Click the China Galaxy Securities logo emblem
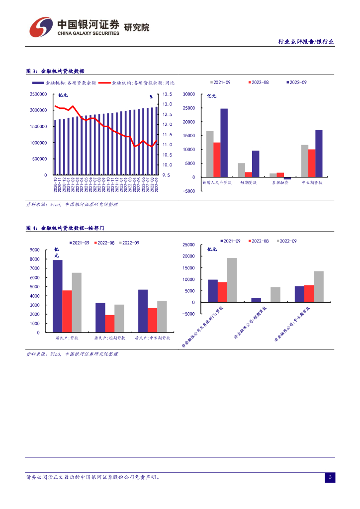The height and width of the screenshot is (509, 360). click(x=41, y=27)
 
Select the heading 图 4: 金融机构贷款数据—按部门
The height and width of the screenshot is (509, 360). click(x=65, y=228)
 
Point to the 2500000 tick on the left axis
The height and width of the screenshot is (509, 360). click(x=38, y=94)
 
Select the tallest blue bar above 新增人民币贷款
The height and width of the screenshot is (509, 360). click(x=224, y=143)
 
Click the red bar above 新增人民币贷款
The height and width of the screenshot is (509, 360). click(x=217, y=160)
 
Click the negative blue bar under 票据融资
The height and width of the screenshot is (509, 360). click(x=287, y=178)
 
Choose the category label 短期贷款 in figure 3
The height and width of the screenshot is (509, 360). click(x=249, y=183)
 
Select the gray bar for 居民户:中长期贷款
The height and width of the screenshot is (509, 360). click(x=162, y=317)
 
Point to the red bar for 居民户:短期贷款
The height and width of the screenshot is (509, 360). click(x=110, y=324)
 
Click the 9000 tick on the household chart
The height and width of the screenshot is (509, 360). click(x=35, y=250)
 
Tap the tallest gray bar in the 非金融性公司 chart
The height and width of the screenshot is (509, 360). click(x=232, y=280)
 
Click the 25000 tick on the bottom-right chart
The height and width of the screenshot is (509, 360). click(x=188, y=245)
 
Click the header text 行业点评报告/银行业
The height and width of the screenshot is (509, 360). click(x=305, y=42)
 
